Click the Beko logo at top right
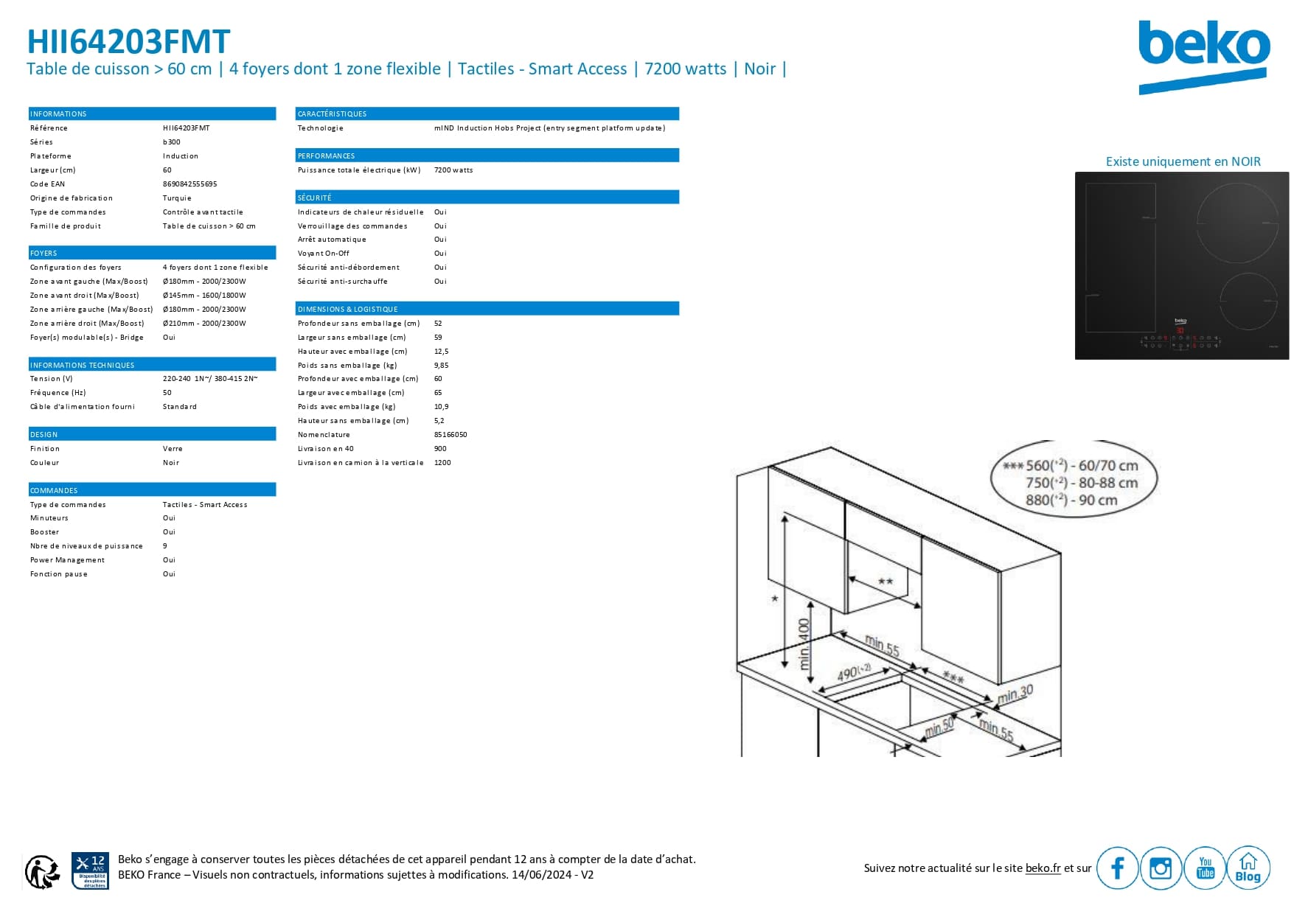click(x=1203, y=57)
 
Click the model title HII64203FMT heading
click(x=128, y=41)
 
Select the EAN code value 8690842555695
click(x=190, y=184)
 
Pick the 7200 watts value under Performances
click(x=453, y=170)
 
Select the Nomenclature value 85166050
click(x=451, y=434)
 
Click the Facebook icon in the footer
click(x=1117, y=868)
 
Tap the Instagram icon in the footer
click(x=1161, y=868)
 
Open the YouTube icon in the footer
click(x=1205, y=868)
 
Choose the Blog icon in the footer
click(x=1248, y=868)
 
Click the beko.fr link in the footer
click(x=1043, y=868)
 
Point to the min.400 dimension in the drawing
click(x=804, y=643)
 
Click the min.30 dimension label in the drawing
click(x=1015, y=694)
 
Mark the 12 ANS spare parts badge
click(x=90, y=871)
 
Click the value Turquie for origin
click(x=177, y=198)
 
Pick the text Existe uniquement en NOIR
click(x=1183, y=161)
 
